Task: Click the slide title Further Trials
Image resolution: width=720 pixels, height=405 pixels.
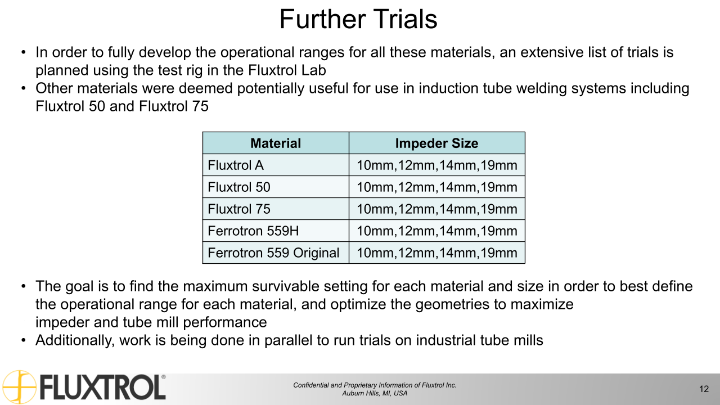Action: [x=358, y=19]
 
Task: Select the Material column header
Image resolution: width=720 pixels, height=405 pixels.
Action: [x=276, y=143]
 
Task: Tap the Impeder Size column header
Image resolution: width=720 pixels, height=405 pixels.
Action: [x=436, y=143]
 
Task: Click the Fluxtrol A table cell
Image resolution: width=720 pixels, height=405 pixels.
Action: [x=236, y=165]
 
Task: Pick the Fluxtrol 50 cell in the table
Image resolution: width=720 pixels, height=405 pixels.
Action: [x=239, y=187]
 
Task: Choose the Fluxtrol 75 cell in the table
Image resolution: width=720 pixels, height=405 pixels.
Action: [x=239, y=209]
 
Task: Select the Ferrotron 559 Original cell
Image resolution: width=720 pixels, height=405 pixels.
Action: [x=273, y=253]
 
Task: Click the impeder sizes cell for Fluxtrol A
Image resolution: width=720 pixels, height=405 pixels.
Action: [x=436, y=165]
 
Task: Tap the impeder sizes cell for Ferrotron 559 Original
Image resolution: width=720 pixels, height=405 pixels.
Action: [x=436, y=253]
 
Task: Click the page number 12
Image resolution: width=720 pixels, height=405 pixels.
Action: [x=704, y=389]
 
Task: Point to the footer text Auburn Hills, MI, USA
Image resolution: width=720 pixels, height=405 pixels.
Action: [x=375, y=394]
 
